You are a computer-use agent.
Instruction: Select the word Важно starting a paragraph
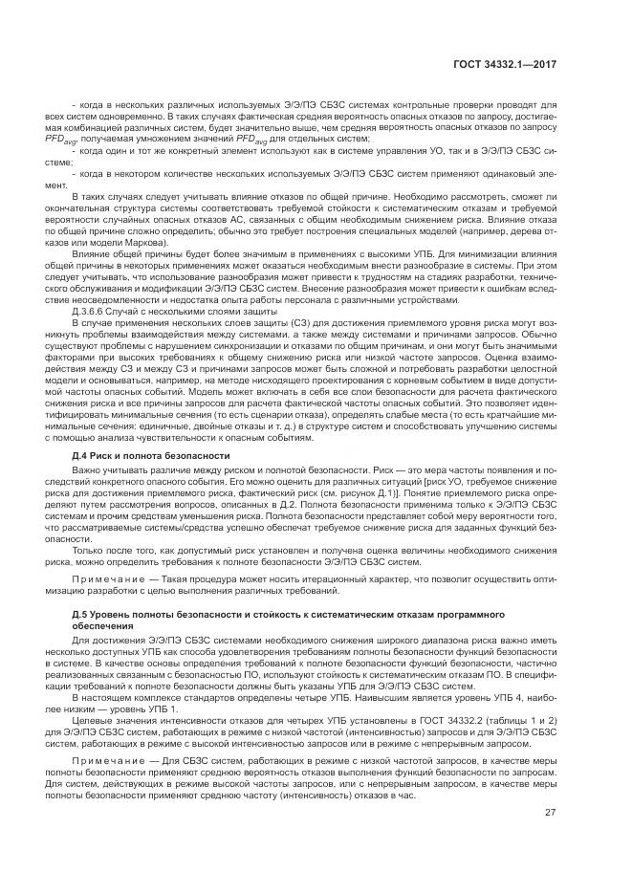tap(87, 471)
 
